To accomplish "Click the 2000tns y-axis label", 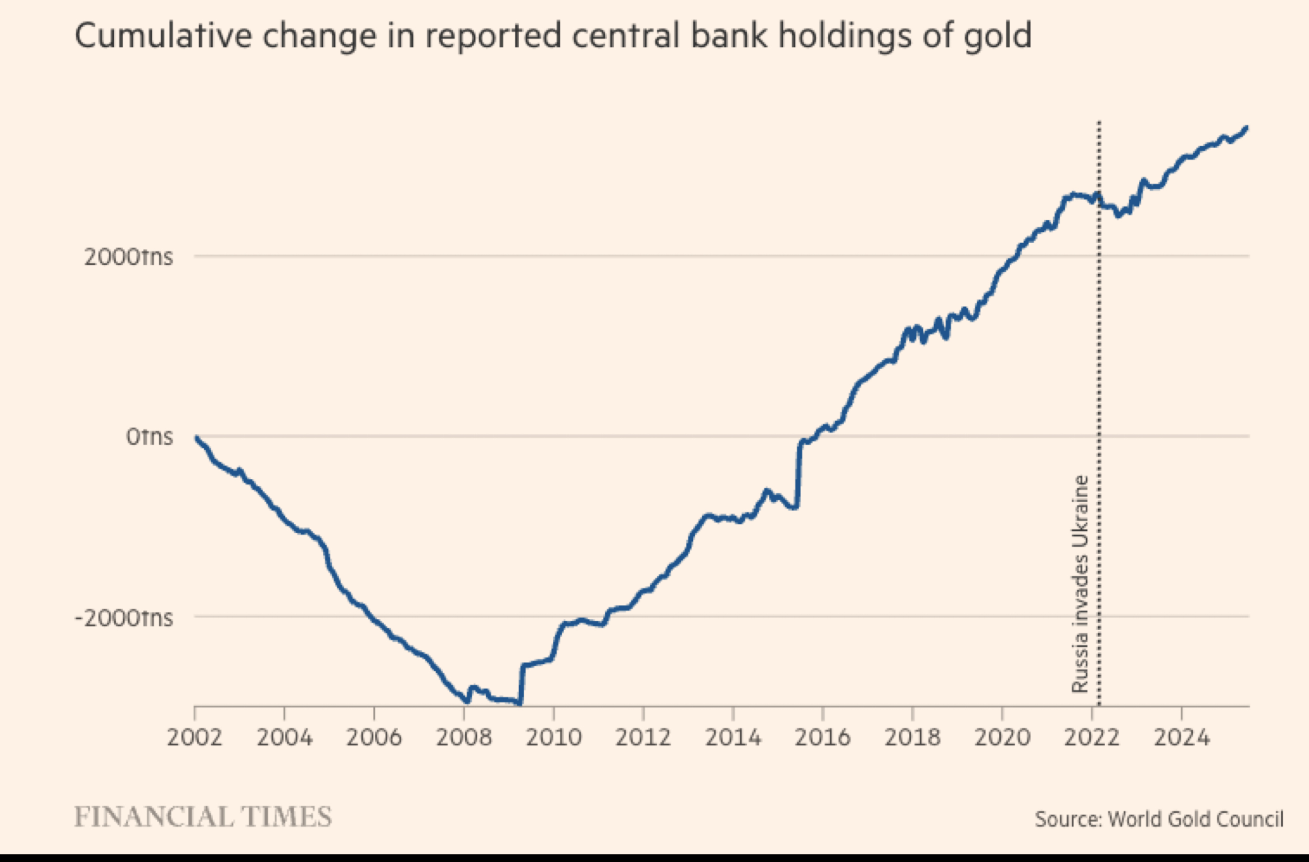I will click(x=128, y=257).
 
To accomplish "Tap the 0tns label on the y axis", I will click(x=149, y=437).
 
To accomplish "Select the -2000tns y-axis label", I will click(x=124, y=618).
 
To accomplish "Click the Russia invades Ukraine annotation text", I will click(x=1080, y=584).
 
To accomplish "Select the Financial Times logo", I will click(x=203, y=818).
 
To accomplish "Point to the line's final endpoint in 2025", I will click(x=1246, y=128).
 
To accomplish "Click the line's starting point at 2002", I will click(x=196, y=438).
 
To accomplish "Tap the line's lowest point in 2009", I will click(x=520, y=703).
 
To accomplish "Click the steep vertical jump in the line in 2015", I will click(x=798, y=473).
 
